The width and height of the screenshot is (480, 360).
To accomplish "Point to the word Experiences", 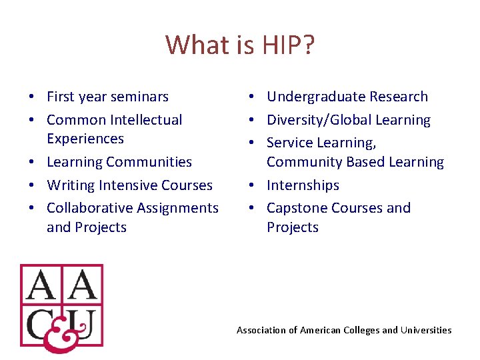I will tap(85, 139).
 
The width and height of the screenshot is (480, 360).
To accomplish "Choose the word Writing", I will tap(71, 185).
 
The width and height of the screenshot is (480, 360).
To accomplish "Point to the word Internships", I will tap(303, 185).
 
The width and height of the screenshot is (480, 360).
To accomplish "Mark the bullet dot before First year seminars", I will tap(31, 97).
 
